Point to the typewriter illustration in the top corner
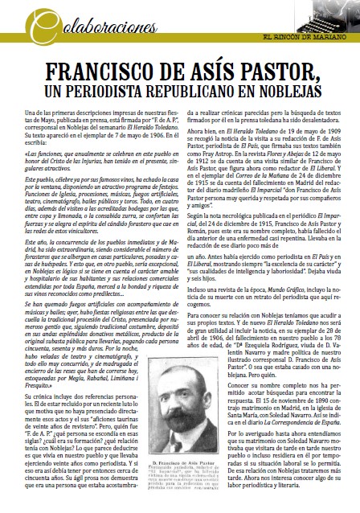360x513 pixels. tap(337, 17)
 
